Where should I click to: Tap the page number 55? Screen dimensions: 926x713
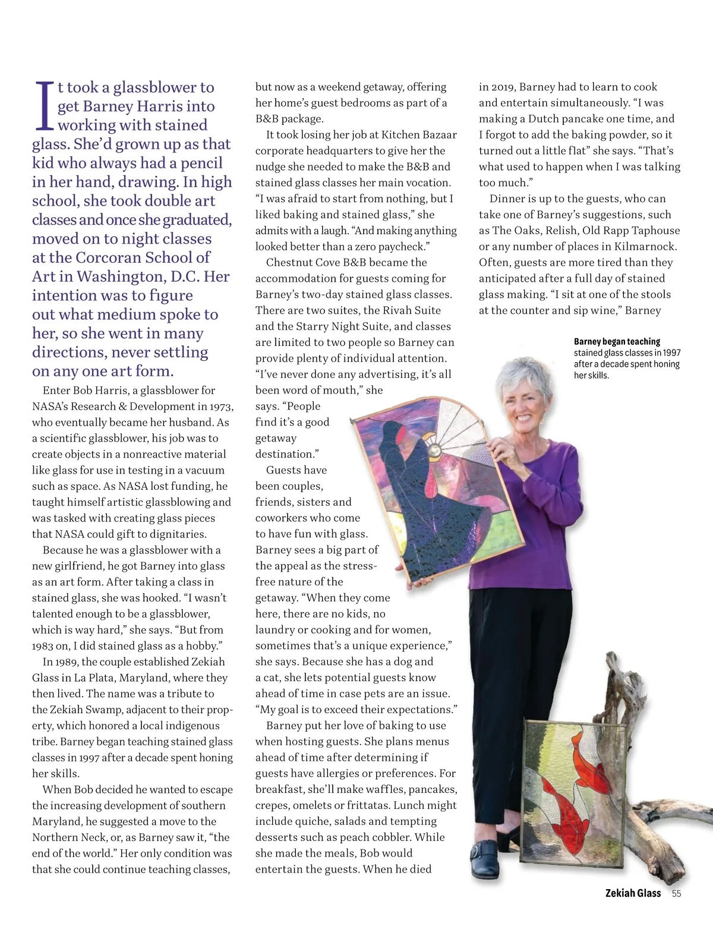[x=676, y=893]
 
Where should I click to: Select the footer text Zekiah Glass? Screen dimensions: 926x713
[x=633, y=893]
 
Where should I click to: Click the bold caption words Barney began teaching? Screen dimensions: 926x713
[x=617, y=342]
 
